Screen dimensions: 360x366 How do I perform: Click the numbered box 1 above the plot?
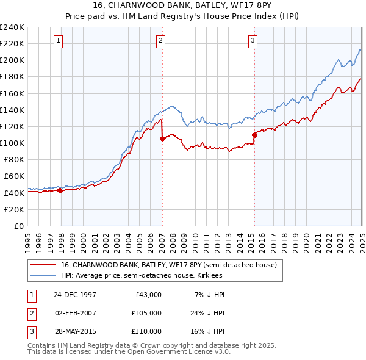58,41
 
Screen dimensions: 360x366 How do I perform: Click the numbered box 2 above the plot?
160,41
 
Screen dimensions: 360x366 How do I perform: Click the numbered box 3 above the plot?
253,41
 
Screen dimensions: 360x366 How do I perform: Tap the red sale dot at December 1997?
60,190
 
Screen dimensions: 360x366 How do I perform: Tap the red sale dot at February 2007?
162,139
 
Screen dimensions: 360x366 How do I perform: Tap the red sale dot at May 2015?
255,135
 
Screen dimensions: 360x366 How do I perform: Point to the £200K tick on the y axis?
13,60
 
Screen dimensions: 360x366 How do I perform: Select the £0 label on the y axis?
18,226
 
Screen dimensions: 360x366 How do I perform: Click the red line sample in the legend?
43,265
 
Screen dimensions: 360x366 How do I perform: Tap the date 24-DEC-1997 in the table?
75,295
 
